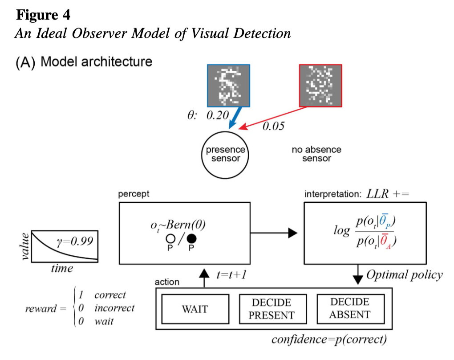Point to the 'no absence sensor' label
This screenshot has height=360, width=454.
[x=316, y=154]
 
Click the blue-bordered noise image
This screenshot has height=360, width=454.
[x=228, y=86]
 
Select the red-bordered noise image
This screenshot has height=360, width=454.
[x=320, y=86]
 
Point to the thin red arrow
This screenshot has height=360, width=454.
[x=273, y=118]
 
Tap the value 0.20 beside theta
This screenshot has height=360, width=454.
[x=218, y=115]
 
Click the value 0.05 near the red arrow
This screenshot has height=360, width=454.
[x=273, y=126]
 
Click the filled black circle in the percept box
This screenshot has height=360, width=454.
[x=191, y=238]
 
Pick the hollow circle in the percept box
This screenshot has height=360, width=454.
[x=170, y=238]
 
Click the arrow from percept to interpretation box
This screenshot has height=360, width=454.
[x=274, y=233]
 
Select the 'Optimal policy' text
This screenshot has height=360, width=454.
[x=405, y=275]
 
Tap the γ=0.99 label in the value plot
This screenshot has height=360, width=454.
[x=75, y=241]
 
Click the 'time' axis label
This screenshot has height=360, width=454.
[x=62, y=268]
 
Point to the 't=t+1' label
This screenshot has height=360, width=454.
[x=231, y=274]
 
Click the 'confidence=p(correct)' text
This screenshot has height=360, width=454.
[x=329, y=340]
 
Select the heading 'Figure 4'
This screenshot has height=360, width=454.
[x=43, y=15]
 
